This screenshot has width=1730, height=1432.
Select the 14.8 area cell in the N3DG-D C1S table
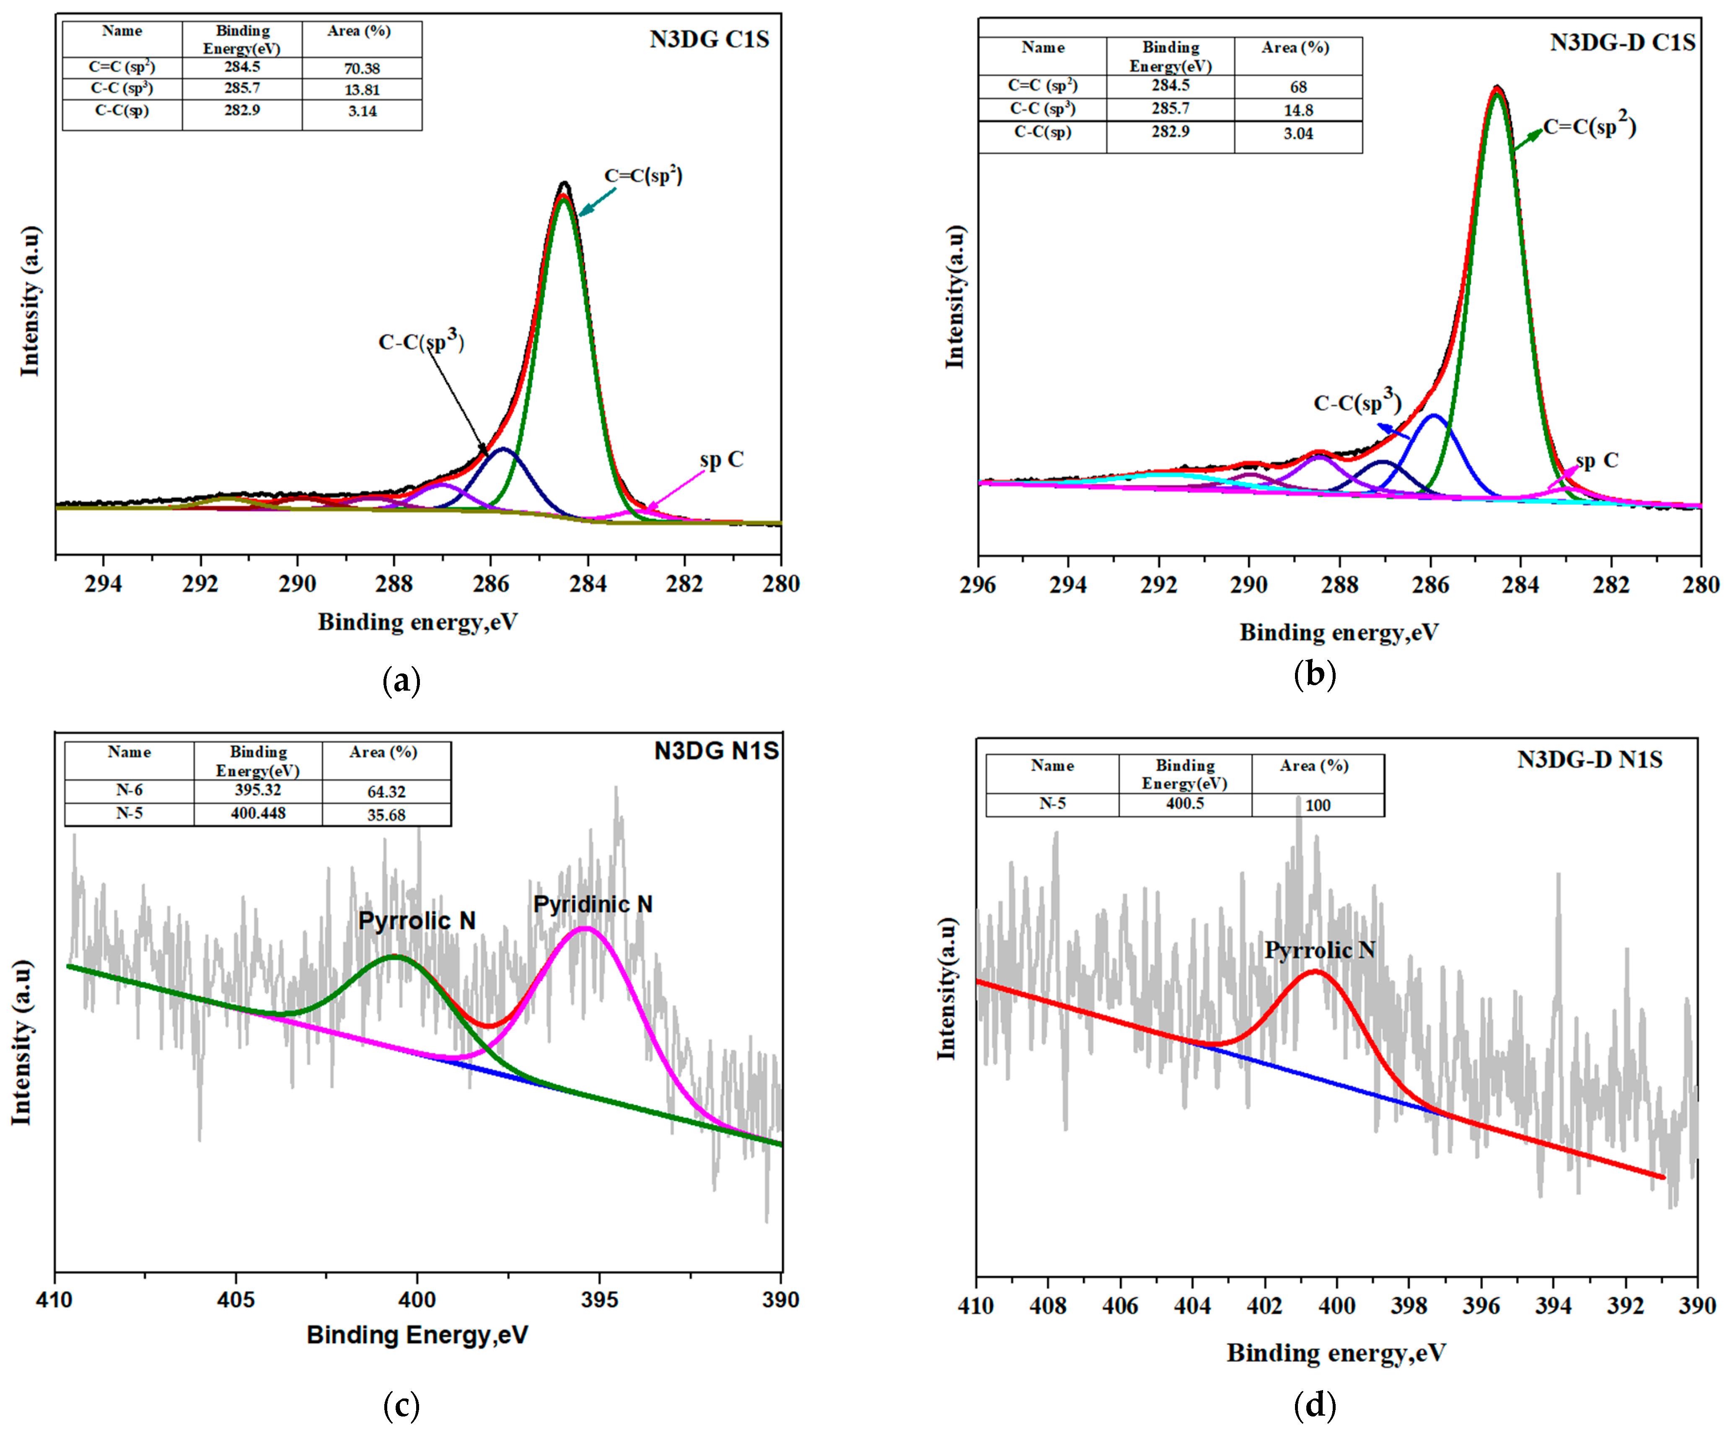1298,109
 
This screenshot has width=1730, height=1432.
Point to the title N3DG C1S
709,39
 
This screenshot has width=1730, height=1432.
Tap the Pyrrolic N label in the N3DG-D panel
1319,950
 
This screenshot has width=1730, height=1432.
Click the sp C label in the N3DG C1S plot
722,460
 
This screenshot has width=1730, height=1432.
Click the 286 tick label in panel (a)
491,583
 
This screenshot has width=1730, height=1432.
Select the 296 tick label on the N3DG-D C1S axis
978,585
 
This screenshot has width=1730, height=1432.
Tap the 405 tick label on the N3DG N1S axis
236,1299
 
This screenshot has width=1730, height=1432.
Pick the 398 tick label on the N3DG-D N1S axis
1409,1305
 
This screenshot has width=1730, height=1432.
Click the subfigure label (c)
401,1405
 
